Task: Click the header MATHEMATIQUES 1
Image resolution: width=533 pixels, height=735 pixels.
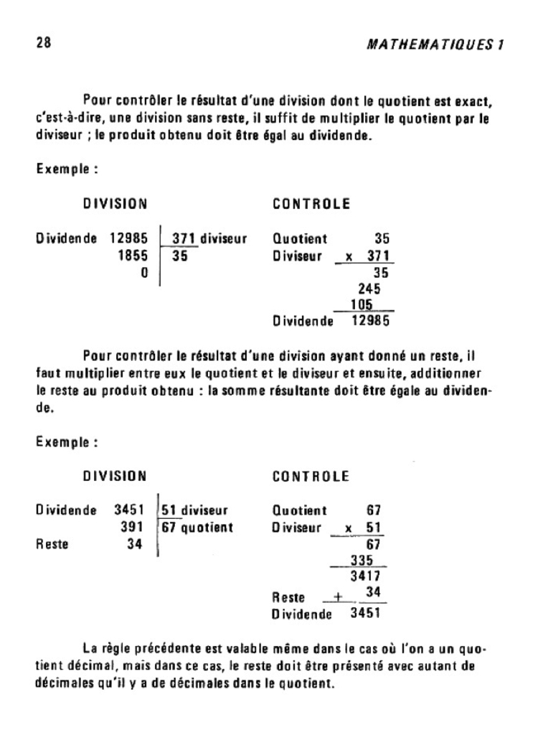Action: (435, 45)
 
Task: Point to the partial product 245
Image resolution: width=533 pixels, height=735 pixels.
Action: (368, 289)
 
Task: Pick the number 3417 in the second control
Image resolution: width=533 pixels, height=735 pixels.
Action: (365, 576)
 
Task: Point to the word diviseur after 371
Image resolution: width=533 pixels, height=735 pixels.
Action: (223, 239)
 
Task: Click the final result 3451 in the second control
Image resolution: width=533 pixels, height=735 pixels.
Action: (365, 614)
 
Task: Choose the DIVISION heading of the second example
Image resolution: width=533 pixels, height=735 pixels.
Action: (115, 476)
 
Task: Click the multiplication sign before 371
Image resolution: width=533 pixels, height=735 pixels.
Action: (348, 256)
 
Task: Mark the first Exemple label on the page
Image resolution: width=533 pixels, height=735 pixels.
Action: (66, 171)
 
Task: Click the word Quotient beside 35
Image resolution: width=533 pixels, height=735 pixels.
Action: (300, 239)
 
